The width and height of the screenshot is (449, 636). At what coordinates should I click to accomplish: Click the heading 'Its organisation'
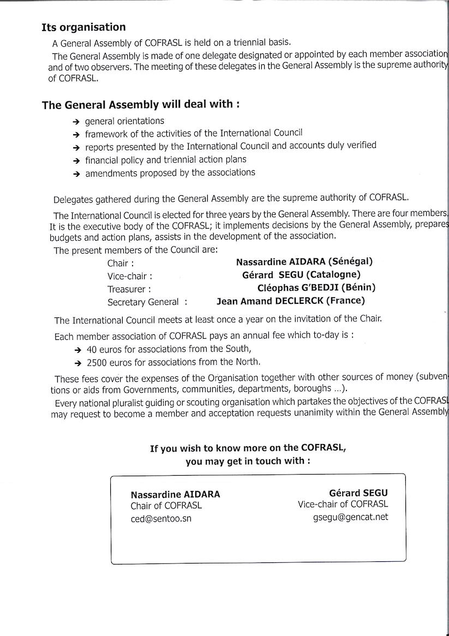83,27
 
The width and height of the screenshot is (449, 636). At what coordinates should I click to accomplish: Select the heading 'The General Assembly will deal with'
140,104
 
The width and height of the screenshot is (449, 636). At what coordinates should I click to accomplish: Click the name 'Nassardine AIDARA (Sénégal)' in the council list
304,262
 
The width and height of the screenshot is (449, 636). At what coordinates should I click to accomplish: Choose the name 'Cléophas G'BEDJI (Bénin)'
316,287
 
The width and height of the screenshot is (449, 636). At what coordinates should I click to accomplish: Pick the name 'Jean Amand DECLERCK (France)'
291,301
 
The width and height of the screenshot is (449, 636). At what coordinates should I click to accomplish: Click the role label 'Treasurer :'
129,289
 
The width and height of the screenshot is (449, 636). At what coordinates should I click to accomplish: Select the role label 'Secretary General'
143,302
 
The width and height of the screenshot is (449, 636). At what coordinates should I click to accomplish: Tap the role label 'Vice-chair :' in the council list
130,277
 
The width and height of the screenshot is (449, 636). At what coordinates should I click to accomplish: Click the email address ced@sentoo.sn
161,519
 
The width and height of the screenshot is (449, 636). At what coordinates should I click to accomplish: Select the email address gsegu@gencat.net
348,517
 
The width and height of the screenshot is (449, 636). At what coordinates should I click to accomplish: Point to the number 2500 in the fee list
97,362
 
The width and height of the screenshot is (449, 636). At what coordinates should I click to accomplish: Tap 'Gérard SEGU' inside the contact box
358,493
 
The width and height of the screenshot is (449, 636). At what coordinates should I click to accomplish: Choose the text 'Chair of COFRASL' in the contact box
166,506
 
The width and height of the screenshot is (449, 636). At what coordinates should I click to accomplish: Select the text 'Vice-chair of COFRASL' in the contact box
343,505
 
